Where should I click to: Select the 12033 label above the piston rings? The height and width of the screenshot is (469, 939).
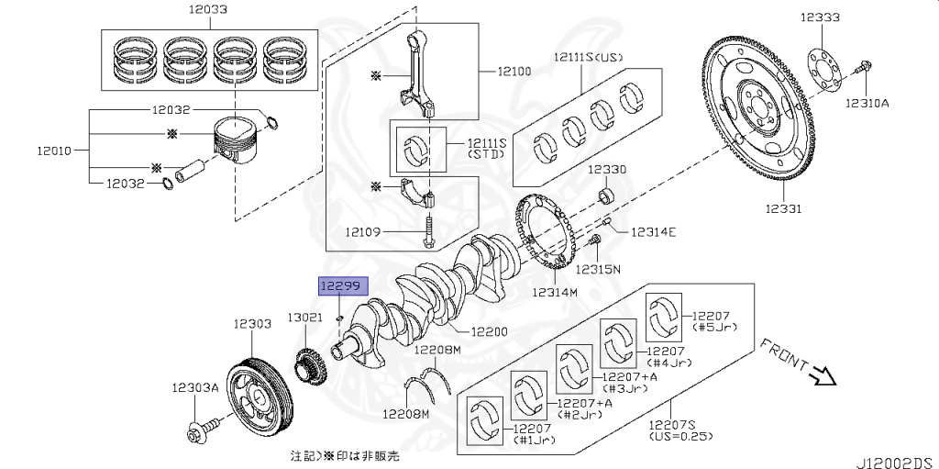pos(210,9)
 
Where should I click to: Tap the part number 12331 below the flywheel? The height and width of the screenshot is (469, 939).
pos(783,208)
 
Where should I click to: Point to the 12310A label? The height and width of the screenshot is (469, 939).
pos(867,103)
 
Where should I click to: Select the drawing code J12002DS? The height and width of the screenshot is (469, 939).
pos(897,463)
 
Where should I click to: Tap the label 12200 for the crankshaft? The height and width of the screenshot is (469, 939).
pos(489,331)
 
